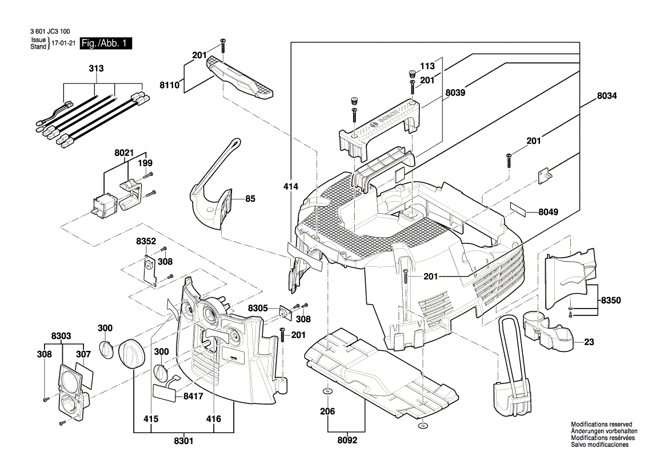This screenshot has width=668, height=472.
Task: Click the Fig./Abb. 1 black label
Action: [x=106, y=43]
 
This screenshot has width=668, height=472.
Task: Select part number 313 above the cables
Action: [x=96, y=69]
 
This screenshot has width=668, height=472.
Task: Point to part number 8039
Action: [x=455, y=92]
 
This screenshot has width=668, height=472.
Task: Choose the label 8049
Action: [x=548, y=212]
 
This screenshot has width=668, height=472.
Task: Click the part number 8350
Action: [x=610, y=300]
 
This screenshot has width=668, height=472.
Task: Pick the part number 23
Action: [x=589, y=343]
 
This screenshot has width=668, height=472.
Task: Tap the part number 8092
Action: [x=347, y=441]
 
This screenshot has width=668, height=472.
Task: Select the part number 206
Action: [x=327, y=411]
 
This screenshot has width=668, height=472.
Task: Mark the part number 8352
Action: [x=146, y=242]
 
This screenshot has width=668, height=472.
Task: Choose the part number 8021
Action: [x=124, y=153]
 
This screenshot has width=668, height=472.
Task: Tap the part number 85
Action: [x=250, y=199]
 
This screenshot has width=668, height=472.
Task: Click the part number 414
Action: [x=290, y=186]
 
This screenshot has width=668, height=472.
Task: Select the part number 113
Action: [x=428, y=65]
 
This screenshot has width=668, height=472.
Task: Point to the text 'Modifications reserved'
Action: [x=602, y=425]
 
